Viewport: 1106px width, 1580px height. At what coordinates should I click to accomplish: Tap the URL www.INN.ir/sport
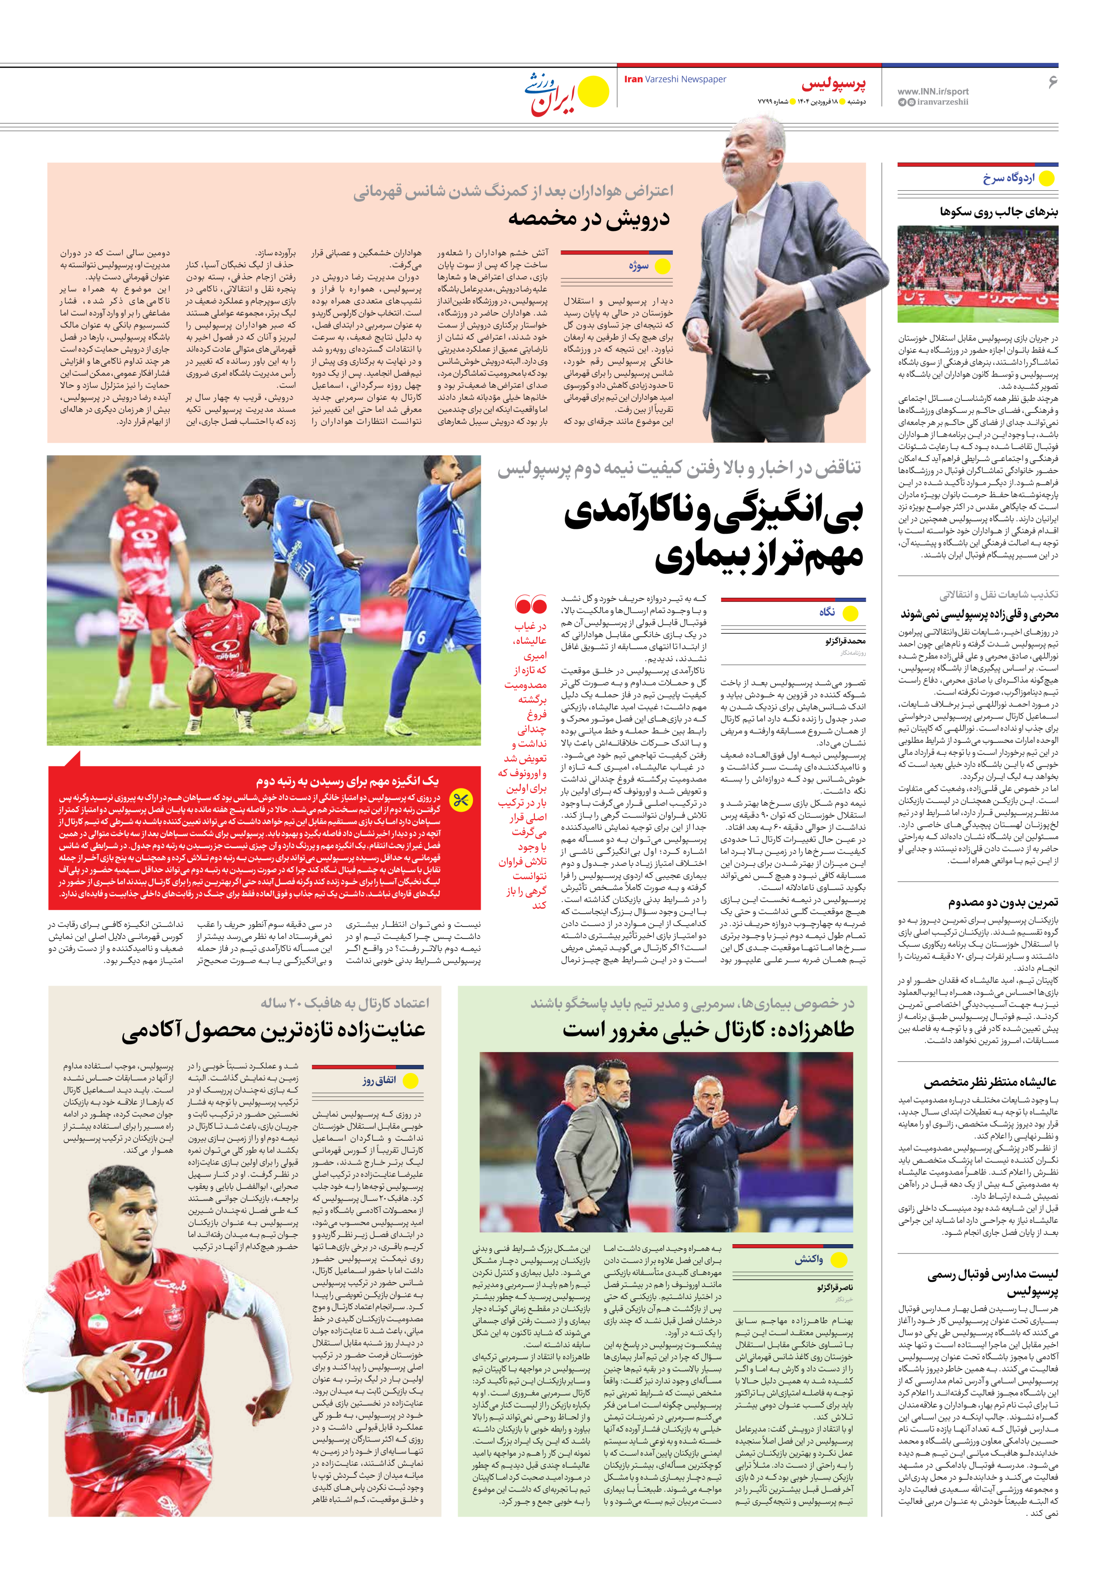coord(933,91)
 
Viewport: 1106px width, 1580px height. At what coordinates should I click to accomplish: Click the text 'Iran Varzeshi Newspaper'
coord(675,79)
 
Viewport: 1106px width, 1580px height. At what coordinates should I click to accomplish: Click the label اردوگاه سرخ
coord(1008,179)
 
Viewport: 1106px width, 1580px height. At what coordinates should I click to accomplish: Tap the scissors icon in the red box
coord(461,800)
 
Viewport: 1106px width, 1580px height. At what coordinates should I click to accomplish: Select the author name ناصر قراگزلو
coord(834,1287)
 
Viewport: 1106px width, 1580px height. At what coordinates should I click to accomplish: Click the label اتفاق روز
coord(379,1080)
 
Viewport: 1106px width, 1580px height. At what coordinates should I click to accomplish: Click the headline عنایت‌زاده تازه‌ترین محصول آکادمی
coord(273,1030)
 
